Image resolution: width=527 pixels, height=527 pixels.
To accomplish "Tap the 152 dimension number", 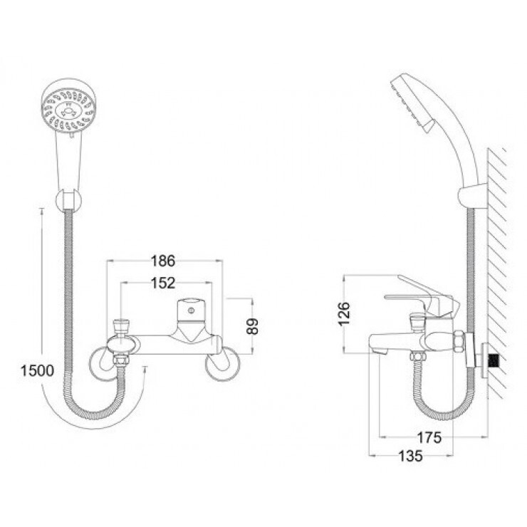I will tap(164, 283).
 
